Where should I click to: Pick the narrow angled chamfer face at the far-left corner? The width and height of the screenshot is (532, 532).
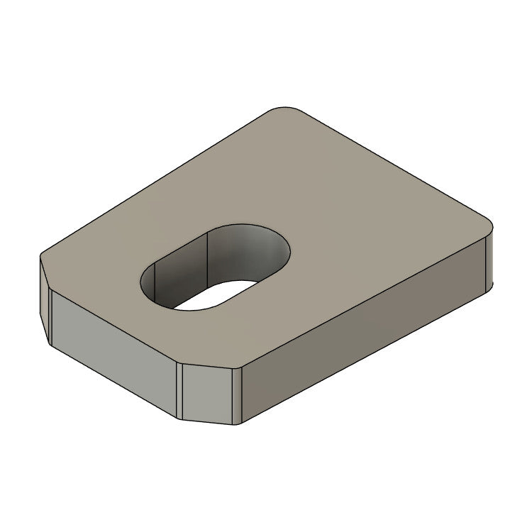coord(44,301)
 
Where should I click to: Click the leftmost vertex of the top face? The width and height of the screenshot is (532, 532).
coord(40,257)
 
